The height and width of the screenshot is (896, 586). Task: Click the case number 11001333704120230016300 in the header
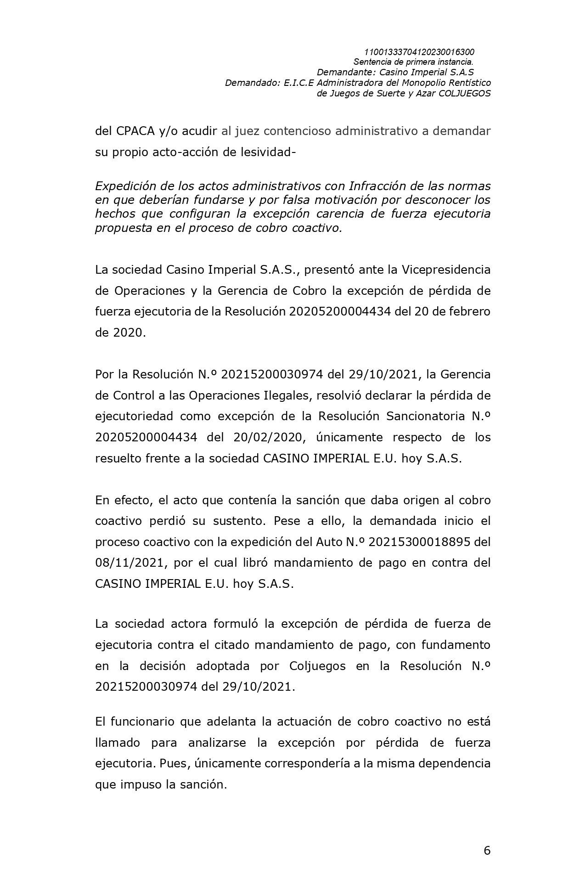click(x=419, y=52)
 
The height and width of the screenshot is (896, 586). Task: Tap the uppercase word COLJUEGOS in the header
click(x=465, y=93)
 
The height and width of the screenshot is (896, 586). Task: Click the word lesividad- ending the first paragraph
click(x=270, y=152)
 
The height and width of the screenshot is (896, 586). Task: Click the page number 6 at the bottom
click(x=487, y=851)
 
